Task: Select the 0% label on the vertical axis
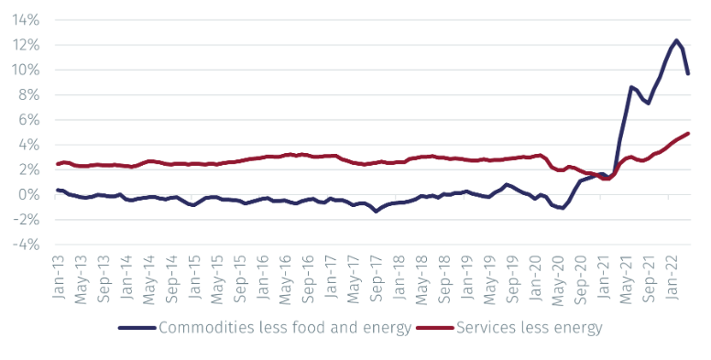tap(30, 195)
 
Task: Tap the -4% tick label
tap(24, 245)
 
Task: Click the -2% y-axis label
tap(24, 220)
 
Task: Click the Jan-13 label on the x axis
tap(58, 279)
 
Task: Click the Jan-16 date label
tap(261, 279)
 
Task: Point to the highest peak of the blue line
tap(676, 40)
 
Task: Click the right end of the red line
tap(688, 134)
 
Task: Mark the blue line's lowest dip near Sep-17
tap(376, 211)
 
